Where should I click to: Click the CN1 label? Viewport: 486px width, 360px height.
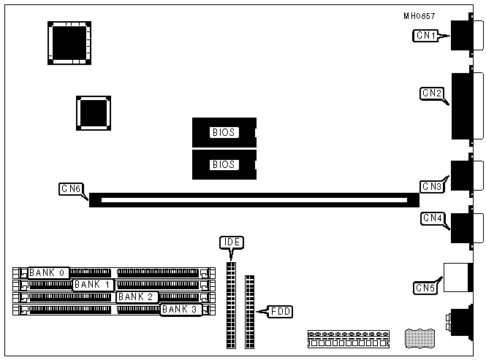[426, 35]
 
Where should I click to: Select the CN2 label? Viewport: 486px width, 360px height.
[431, 93]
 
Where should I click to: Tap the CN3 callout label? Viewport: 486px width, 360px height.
[432, 186]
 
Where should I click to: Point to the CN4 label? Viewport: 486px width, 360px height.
[432, 218]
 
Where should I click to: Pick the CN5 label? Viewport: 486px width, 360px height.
[425, 288]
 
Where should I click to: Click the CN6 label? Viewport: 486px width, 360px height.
[70, 189]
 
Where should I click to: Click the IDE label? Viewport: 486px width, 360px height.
[231, 242]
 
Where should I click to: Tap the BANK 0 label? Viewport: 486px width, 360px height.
[48, 272]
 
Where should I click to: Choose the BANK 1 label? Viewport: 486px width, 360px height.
[92, 284]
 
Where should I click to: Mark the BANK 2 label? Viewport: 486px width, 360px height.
[136, 296]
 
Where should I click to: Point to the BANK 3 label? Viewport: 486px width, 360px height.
[180, 309]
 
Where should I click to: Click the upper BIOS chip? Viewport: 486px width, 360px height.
[224, 132]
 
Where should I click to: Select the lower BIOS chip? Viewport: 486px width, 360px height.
[224, 164]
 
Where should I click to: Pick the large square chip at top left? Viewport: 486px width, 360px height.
[69, 42]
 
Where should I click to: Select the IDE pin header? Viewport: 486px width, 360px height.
[232, 305]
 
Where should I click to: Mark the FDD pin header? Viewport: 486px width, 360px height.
[250, 311]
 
